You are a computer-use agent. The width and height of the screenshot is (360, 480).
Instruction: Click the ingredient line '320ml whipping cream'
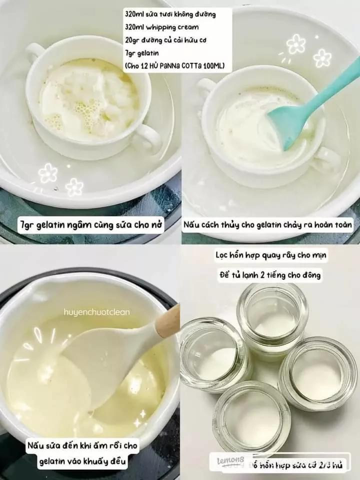[x=161, y=27]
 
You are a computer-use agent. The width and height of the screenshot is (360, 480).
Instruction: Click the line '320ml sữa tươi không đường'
[x=170, y=14]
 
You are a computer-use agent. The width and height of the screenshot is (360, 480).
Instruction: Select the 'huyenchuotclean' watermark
[x=96, y=312]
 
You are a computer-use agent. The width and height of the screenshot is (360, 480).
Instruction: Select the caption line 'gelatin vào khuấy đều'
[x=83, y=462]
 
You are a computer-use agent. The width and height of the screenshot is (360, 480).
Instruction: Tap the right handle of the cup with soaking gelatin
[x=147, y=137]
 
